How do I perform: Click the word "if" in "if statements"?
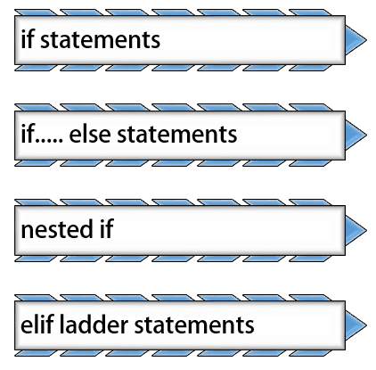[27, 38]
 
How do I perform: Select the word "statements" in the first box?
[100, 40]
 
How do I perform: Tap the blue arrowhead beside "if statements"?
[356, 40]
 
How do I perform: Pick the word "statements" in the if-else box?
[177, 136]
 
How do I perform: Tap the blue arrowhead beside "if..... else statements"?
[356, 135]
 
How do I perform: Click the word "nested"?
[57, 230]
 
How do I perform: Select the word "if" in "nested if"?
[107, 228]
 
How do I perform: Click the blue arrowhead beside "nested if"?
[356, 230]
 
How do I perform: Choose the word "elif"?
[37, 324]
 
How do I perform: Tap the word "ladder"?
[94, 324]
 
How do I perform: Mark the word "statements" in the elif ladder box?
[194, 325]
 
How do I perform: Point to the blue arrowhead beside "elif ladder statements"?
[356, 325]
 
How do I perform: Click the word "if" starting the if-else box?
[27, 134]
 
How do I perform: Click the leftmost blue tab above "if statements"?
[35, 12]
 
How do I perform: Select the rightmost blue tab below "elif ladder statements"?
[310, 353]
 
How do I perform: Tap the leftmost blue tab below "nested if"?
[35, 258]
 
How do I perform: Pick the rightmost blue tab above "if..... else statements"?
[310, 107]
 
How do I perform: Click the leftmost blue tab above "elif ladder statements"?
[35, 298]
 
